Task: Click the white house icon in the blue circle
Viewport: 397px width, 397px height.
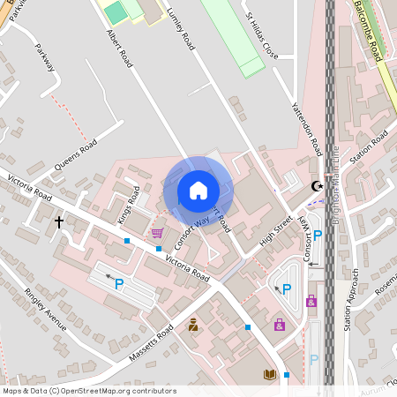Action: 198,191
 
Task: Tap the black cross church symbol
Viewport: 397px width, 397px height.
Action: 60,222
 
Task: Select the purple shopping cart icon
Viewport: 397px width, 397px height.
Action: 157,233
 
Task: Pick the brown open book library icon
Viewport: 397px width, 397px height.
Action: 270,375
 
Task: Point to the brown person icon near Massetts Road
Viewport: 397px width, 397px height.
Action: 193,325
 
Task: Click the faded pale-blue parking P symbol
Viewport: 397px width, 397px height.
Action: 313,360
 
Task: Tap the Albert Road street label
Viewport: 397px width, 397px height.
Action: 119,48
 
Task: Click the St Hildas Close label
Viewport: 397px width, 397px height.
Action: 261,36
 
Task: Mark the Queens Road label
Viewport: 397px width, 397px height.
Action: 75,151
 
